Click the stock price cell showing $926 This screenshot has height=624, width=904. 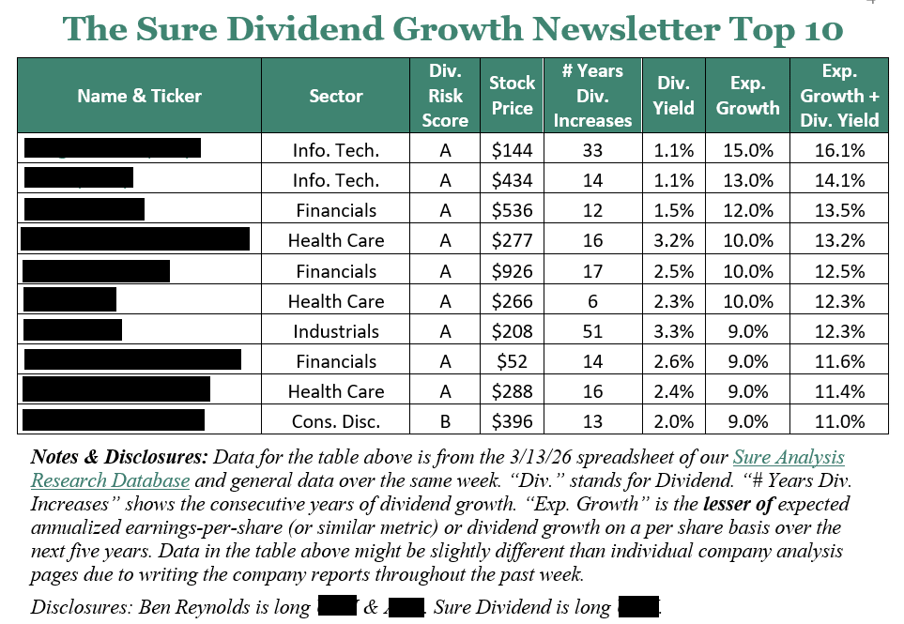[x=512, y=271]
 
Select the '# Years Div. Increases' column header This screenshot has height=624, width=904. [x=592, y=95]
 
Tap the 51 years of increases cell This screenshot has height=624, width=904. [x=592, y=331]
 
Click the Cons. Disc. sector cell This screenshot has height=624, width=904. [x=336, y=421]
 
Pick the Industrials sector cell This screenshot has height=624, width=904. [x=336, y=331]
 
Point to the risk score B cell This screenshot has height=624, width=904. [x=445, y=421]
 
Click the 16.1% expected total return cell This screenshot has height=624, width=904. [x=839, y=150]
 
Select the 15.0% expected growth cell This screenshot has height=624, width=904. [x=747, y=150]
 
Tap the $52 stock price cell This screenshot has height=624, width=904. [x=512, y=361]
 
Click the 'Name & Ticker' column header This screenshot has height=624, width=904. [x=139, y=95]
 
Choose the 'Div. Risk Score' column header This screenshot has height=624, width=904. [x=445, y=95]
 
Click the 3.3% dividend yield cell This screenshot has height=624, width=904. [x=673, y=331]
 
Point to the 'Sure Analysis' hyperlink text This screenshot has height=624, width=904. [x=788, y=458]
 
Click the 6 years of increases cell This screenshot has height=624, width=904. [x=592, y=301]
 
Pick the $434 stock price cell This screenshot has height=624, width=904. [x=512, y=180]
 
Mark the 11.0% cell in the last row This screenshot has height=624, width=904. [x=839, y=421]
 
